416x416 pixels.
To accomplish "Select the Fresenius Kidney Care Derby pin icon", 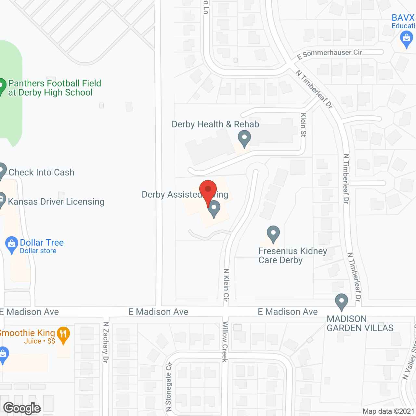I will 273,234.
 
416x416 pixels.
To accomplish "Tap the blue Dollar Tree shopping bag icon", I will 12,244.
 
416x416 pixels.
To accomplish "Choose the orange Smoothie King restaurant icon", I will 63,334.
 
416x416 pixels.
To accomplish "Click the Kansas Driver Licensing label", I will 56,202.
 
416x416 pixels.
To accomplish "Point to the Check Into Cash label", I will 41,172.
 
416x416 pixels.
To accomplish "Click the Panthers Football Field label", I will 55,88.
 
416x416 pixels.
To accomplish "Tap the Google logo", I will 22,408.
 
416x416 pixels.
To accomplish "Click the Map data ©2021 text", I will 388,411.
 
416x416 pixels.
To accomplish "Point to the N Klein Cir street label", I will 226,285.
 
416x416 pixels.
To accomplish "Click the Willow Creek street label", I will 225,342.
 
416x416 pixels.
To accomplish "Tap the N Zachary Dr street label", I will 106,342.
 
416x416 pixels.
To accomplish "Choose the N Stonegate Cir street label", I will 168,386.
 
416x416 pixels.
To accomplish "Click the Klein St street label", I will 303,125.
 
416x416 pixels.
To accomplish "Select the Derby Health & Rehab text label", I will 215,124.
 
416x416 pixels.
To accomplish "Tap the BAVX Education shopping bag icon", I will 406,39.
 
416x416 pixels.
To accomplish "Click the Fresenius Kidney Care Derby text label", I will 292,256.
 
